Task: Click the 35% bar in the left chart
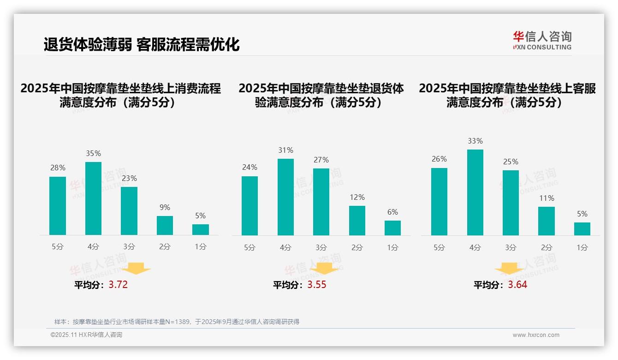click(93, 198)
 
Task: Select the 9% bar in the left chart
click(165, 225)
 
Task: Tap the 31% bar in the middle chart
click(285, 197)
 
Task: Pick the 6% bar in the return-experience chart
click(392, 228)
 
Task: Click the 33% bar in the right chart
click(475, 192)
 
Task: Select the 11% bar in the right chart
click(547, 221)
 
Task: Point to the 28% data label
click(58, 168)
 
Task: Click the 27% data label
click(321, 160)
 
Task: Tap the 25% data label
click(511, 162)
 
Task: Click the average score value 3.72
click(118, 285)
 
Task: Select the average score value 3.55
click(316, 285)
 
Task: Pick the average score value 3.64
click(517, 285)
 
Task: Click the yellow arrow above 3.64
click(509, 268)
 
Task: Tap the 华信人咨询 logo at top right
click(542, 40)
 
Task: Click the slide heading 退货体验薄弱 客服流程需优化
click(142, 45)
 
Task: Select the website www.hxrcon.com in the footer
click(536, 335)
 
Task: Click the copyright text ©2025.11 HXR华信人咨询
click(86, 335)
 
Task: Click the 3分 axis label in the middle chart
click(321, 248)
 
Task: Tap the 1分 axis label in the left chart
click(201, 247)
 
